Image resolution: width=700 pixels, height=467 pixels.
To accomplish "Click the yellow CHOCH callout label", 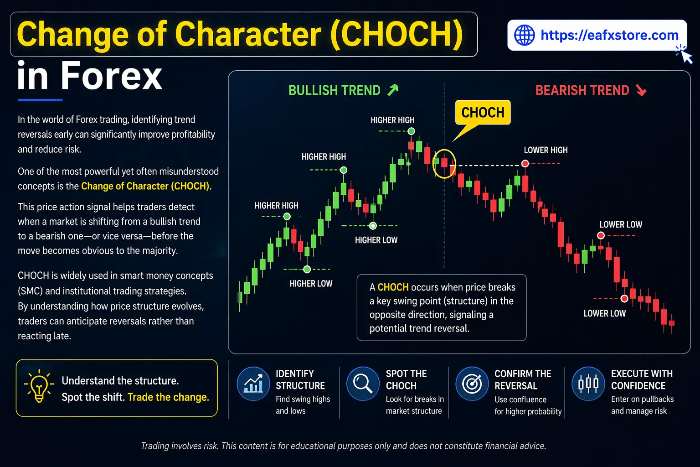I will point(483,113).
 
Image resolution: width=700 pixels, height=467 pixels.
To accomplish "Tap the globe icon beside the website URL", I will point(524,35).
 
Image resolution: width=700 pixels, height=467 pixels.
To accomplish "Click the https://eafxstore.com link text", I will point(609,35).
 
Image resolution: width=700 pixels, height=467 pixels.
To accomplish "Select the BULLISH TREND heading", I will point(334,90).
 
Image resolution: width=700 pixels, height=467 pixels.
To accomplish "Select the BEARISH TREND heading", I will point(582,90).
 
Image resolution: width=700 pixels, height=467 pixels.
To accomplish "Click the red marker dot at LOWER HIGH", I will point(525,163).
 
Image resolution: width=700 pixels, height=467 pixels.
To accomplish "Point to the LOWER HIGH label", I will point(546,150).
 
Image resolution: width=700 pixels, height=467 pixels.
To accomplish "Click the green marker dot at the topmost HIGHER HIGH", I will point(411,131).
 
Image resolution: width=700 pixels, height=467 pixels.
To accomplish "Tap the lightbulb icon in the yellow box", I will point(39,387).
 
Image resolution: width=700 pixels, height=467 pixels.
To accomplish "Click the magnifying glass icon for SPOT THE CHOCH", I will point(363,384).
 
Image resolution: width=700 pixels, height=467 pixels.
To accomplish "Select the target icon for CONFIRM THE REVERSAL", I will point(472,384).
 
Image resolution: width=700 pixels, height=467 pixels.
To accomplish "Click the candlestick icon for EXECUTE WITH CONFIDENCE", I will point(588,384).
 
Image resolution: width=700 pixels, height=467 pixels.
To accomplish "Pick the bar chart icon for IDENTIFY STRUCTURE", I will point(253,384).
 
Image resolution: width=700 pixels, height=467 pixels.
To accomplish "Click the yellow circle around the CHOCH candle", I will point(444,163).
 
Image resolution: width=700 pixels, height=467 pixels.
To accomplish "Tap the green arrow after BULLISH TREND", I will point(393,90).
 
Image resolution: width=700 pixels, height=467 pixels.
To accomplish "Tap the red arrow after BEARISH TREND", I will point(641,90).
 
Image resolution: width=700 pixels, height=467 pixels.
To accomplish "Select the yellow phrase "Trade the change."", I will point(168,397).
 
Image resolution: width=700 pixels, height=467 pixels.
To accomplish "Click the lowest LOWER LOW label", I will point(604,313).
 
